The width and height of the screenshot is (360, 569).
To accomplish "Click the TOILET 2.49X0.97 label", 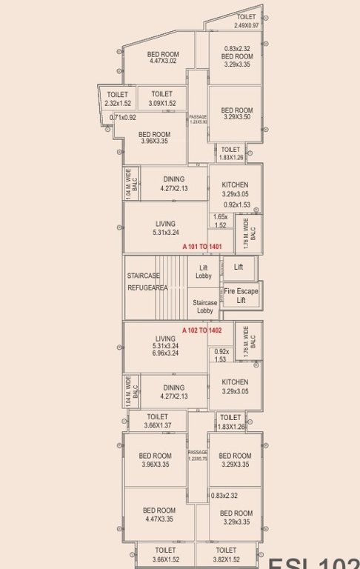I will [x=247, y=21].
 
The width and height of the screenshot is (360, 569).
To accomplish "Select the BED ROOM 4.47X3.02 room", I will [x=162, y=58].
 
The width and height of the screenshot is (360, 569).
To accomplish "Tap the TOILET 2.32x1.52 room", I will [x=118, y=99].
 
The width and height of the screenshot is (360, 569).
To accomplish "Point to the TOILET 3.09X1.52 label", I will [x=162, y=99].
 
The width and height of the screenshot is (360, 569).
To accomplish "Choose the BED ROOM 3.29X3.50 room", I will [x=236, y=113].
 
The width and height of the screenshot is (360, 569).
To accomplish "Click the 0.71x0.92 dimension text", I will [x=123, y=118].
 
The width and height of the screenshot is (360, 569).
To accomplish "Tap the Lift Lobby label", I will [x=204, y=271].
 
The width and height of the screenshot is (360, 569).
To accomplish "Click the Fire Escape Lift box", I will [x=241, y=296].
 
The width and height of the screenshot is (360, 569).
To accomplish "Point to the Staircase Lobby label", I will [x=204, y=307].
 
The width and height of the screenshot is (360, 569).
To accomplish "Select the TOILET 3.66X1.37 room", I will [x=157, y=422].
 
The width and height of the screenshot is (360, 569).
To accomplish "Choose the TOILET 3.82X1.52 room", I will [x=226, y=555].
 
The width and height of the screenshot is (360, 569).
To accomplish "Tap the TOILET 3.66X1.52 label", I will [x=165, y=555].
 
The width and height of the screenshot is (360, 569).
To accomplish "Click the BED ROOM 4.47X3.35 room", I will [x=159, y=515].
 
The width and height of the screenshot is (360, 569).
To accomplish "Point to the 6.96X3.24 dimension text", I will [x=165, y=353].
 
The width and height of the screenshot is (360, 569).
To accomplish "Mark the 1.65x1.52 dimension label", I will [x=220, y=221].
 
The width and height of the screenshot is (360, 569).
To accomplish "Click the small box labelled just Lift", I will [x=239, y=267].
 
